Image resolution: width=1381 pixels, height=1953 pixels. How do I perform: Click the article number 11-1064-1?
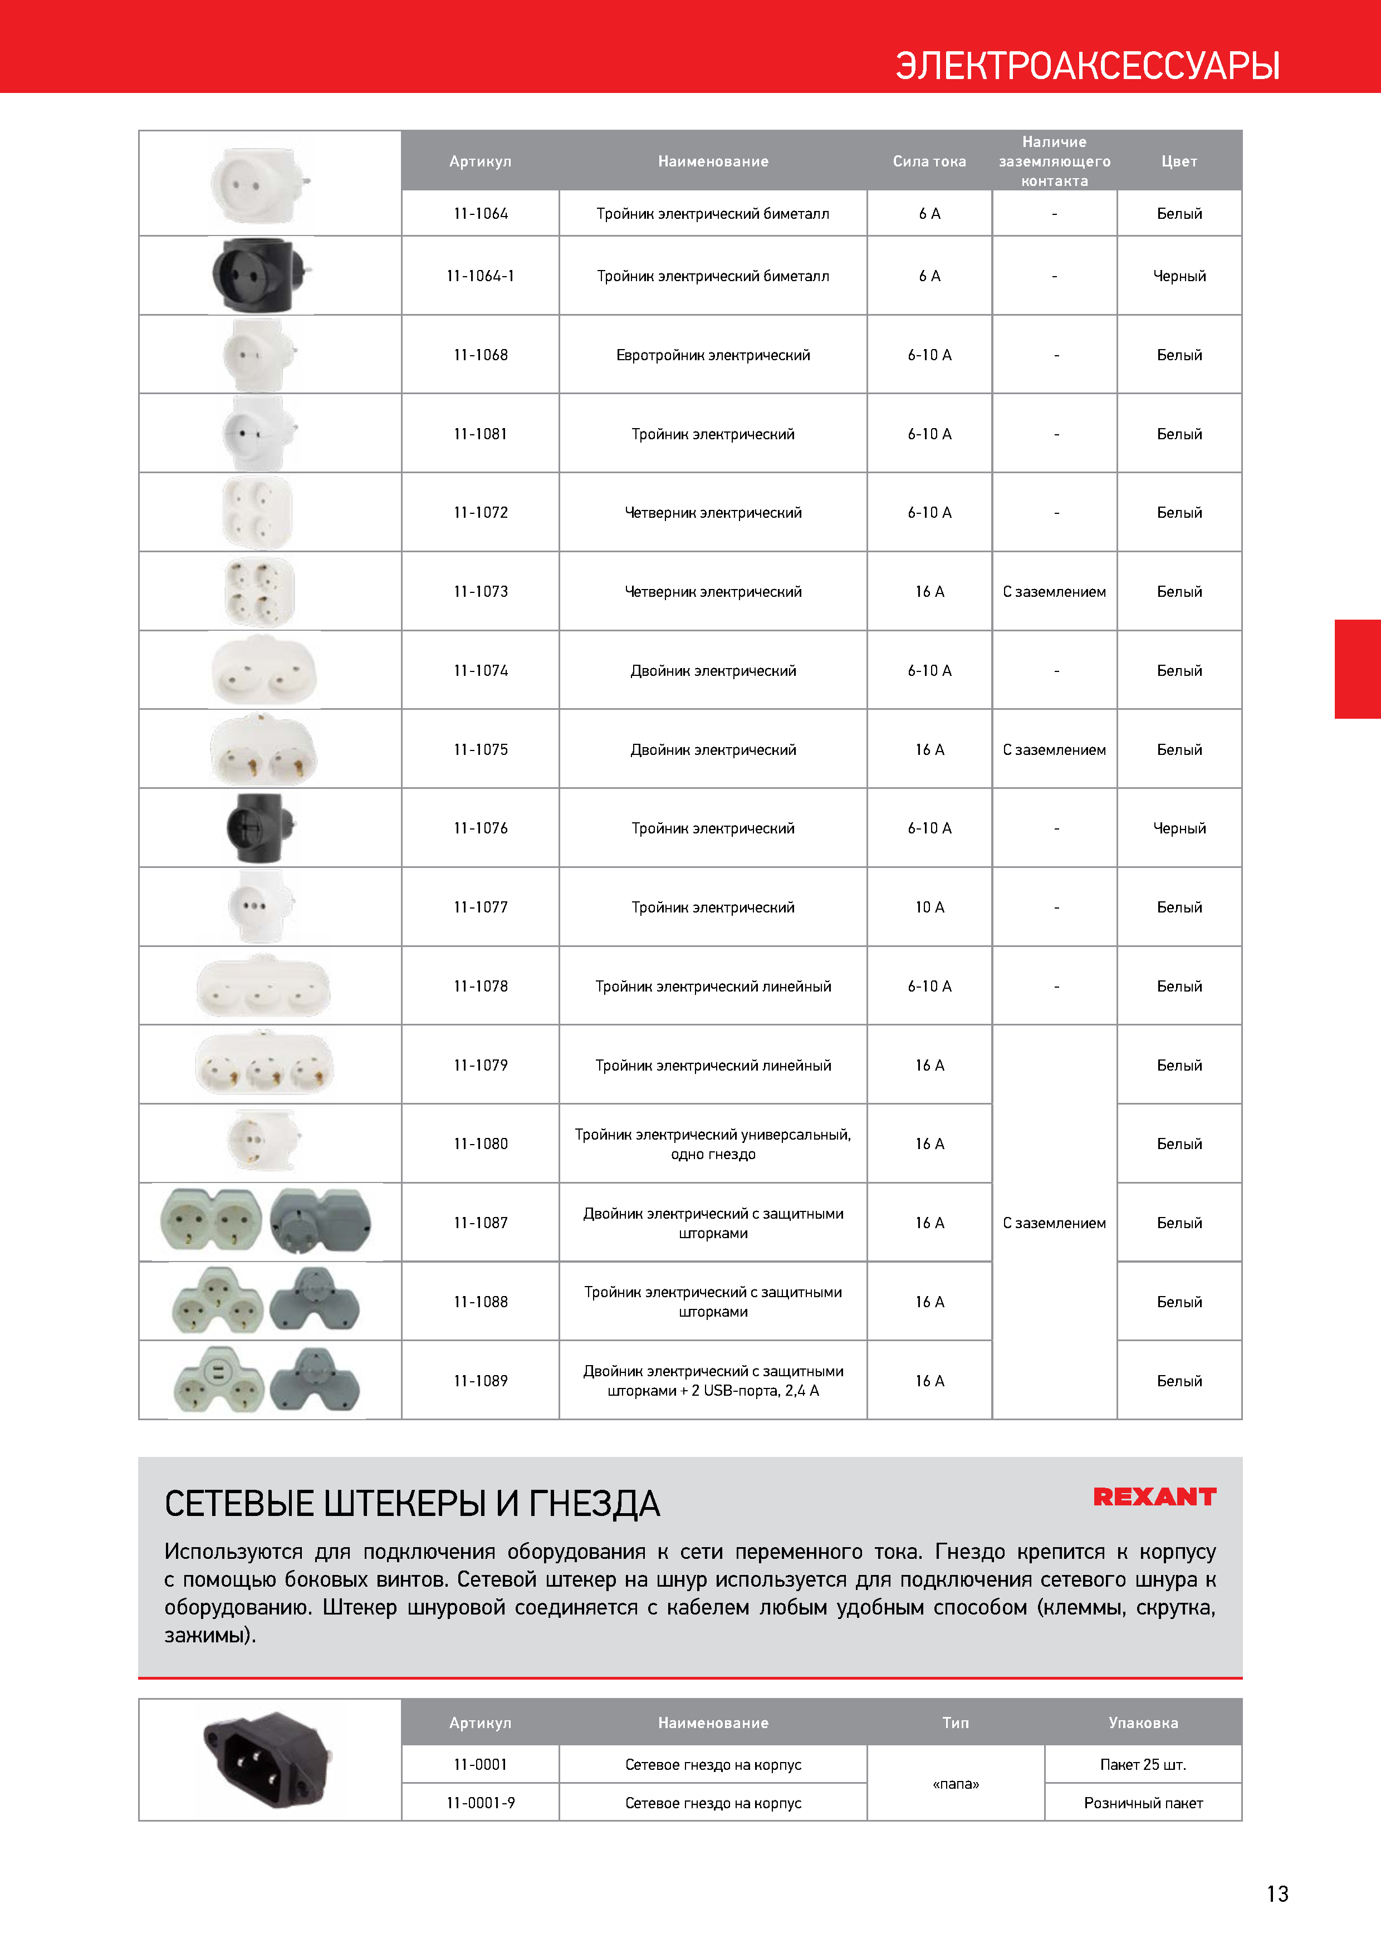(480, 276)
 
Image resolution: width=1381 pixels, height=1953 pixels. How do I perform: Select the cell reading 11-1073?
(480, 591)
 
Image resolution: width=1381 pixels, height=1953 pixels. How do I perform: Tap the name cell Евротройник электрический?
(712, 355)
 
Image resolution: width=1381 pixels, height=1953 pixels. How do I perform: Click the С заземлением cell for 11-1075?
(1054, 749)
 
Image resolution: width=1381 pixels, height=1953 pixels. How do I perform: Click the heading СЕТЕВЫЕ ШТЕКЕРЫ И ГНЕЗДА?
(412, 1504)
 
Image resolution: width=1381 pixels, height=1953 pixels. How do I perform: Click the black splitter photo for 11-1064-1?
(261, 275)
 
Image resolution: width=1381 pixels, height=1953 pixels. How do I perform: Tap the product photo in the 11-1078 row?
(263, 986)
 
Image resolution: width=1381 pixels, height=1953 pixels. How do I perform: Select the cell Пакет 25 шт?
(1142, 1764)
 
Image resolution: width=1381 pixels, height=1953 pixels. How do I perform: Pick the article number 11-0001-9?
(480, 1803)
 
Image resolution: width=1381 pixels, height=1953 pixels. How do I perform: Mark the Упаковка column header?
(1142, 1723)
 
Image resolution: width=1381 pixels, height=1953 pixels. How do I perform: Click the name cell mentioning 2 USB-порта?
(712, 1381)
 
